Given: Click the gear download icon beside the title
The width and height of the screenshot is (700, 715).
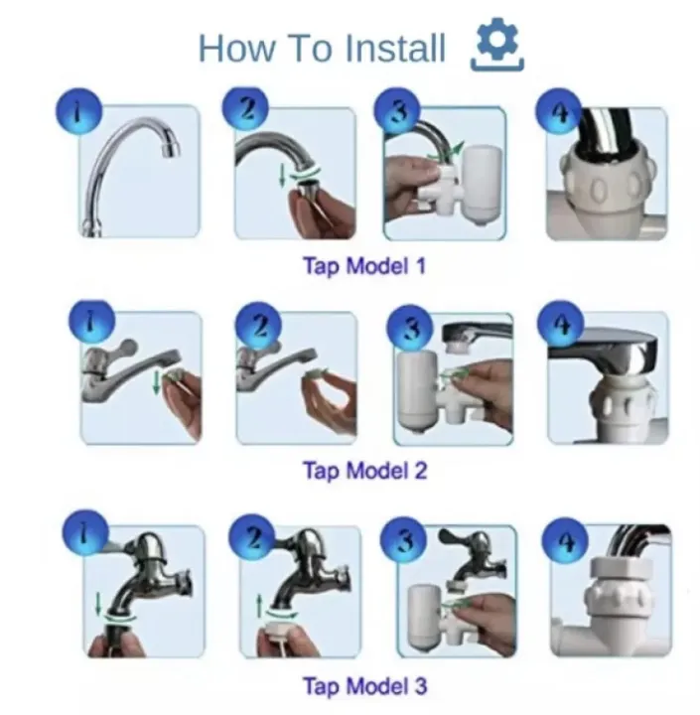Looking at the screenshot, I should click(x=497, y=45).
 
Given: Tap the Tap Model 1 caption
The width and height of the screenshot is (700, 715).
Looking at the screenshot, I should click(x=364, y=265).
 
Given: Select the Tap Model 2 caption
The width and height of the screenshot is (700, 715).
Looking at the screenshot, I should click(x=364, y=470).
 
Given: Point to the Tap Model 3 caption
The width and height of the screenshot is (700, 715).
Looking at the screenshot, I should click(x=364, y=685).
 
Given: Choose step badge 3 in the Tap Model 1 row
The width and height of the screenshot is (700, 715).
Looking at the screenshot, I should click(x=397, y=111).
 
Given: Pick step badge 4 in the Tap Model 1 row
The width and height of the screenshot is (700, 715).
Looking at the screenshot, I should click(x=559, y=112).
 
